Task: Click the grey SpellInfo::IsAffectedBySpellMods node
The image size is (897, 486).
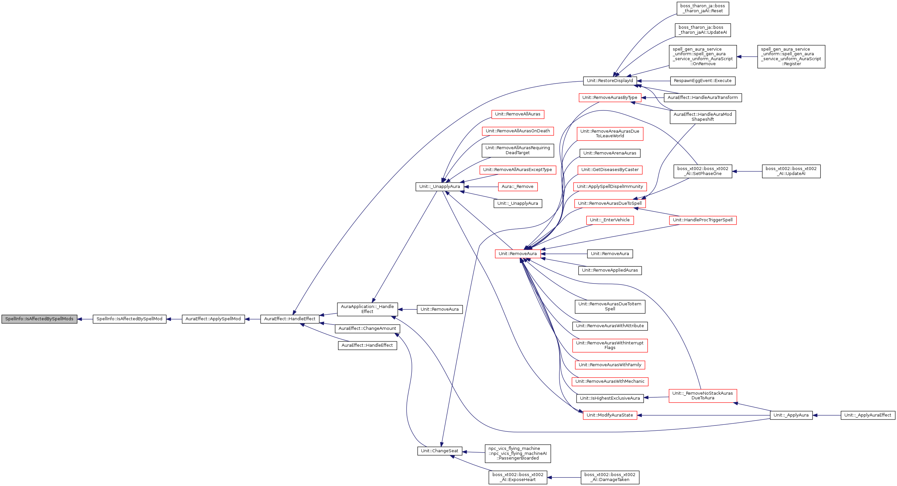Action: pyautogui.click(x=39, y=319)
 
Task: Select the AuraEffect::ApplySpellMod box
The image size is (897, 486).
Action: pyautogui.click(x=213, y=319)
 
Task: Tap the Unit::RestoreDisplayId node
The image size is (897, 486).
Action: pyautogui.click(x=610, y=81)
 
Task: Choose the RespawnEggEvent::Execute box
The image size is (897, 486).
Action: pyautogui.click(x=702, y=81)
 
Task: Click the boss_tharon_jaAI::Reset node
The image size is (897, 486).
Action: pyautogui.click(x=702, y=8)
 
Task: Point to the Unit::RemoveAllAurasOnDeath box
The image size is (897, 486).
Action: pyautogui.click(x=517, y=131)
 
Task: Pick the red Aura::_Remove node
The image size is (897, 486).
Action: pyautogui.click(x=517, y=187)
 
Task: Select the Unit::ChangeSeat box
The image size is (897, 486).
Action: pyautogui.click(x=440, y=451)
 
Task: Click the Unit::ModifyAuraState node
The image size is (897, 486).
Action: pyautogui.click(x=610, y=415)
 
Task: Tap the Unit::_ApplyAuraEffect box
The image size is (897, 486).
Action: pyautogui.click(x=868, y=415)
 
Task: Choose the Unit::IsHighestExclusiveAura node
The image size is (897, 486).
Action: pyautogui.click(x=610, y=398)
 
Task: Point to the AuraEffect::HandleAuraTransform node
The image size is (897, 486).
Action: pyautogui.click(x=702, y=98)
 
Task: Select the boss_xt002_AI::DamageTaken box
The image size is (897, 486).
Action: pyautogui.click(x=610, y=477)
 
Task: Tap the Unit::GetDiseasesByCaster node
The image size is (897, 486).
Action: pyautogui.click(x=610, y=170)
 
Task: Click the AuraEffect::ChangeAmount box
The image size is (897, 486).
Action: pyautogui.click(x=367, y=329)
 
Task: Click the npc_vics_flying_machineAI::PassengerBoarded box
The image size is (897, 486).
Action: pyautogui.click(x=517, y=454)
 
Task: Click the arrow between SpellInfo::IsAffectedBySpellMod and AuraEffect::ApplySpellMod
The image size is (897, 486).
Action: pyautogui.click(x=174, y=319)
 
